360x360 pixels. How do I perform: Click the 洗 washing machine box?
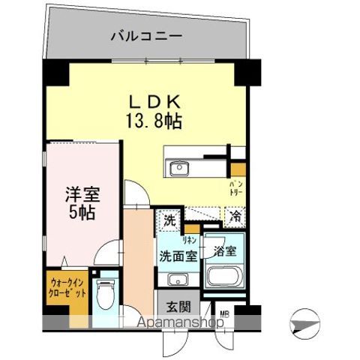[x=169, y=222]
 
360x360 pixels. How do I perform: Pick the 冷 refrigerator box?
[x=234, y=217]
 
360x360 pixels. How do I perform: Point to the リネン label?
[x=190, y=241]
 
